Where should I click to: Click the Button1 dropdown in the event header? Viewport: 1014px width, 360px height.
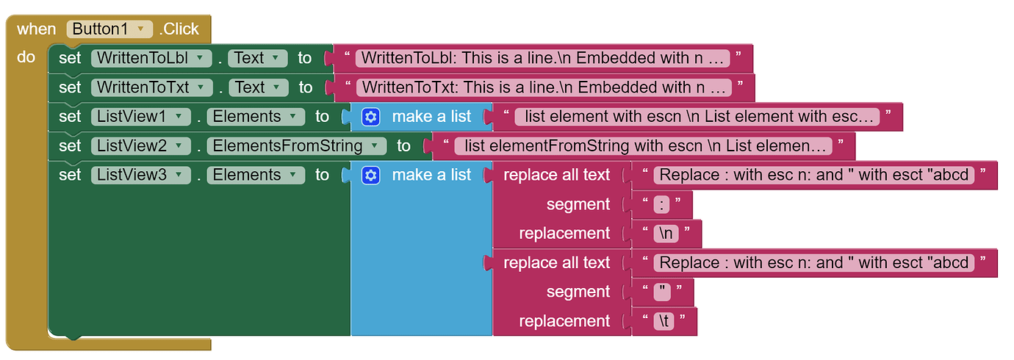109,29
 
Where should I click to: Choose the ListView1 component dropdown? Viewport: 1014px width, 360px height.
140,117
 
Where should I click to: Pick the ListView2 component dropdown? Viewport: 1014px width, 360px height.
140,146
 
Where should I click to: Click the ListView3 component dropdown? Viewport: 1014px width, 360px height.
140,176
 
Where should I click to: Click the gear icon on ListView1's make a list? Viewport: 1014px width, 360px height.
371,117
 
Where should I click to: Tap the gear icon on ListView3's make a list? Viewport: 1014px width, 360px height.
371,176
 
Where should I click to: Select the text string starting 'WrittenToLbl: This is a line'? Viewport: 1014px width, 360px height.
544,58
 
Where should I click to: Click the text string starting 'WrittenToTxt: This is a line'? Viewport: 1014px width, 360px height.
544,87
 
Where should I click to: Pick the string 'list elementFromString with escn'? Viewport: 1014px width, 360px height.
643,146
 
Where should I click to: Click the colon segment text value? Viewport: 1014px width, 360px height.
662,205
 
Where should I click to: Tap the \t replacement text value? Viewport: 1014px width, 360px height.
664,322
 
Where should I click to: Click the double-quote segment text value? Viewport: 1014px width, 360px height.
663,292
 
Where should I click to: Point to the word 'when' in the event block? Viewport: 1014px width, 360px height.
36,29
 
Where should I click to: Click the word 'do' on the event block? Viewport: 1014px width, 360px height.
26,57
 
